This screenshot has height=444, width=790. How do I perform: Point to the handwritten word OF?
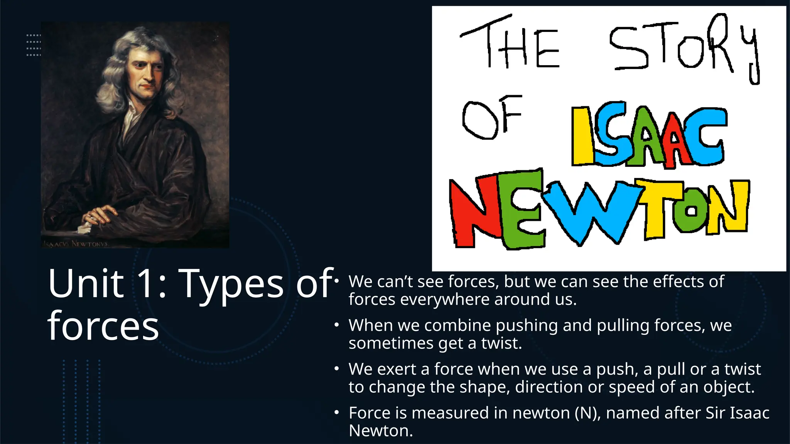point(492,118)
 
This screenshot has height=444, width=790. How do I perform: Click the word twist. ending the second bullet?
point(501,343)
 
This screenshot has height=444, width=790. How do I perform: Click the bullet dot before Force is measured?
point(336,413)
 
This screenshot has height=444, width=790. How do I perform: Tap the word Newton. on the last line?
point(380,431)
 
